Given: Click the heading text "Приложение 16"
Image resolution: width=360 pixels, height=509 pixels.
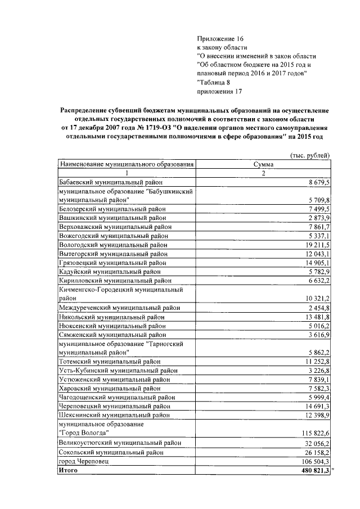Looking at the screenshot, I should click(220, 38).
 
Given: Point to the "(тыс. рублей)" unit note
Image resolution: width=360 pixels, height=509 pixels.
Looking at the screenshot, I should click(309, 155).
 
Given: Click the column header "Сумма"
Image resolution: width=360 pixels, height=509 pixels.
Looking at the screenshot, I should click(264, 164).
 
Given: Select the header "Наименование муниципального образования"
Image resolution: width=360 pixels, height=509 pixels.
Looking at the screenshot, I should click(127, 164).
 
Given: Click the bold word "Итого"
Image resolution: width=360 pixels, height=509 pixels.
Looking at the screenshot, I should click(69, 470).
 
